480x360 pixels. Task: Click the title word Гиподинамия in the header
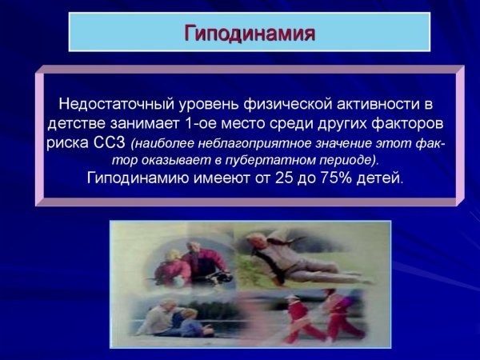[250, 34]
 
